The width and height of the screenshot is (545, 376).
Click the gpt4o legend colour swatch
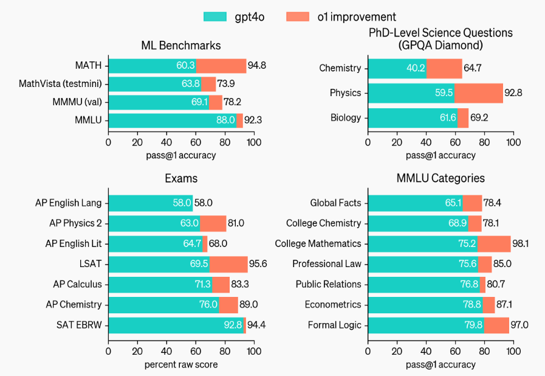pyautogui.click(x=214, y=17)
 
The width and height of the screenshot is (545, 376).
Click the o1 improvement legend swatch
pyautogui.click(x=297, y=17)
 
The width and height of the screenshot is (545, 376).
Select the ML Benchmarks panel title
pyautogui.click(x=180, y=46)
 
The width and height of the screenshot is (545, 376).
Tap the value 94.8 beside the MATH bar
pyautogui.click(x=256, y=65)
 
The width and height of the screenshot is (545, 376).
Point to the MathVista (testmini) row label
pyautogui.click(x=60, y=84)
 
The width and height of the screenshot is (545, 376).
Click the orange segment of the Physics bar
pyautogui.click(x=478, y=93)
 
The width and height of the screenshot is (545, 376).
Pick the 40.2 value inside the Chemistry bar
pyautogui.click(x=416, y=68)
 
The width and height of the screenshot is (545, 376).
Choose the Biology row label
pyautogui.click(x=346, y=118)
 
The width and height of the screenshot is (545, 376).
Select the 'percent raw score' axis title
pyautogui.click(x=180, y=364)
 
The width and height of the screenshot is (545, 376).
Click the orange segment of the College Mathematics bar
pyautogui.click(x=494, y=243)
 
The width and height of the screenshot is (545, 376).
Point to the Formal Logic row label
pyautogui.click(x=334, y=325)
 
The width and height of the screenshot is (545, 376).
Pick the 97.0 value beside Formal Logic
pyautogui.click(x=519, y=325)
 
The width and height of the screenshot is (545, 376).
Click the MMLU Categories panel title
pyautogui.click(x=440, y=178)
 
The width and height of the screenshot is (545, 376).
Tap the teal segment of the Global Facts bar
pyautogui.click(x=413, y=203)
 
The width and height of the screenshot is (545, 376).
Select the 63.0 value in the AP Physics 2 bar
pyautogui.click(x=190, y=223)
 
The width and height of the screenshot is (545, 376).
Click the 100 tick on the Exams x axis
pyautogui.click(x=253, y=352)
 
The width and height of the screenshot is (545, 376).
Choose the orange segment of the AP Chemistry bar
pyautogui.click(x=228, y=304)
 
